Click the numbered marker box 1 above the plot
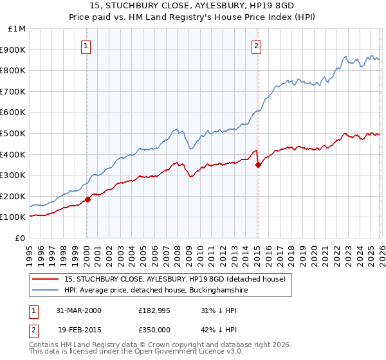[x=86, y=46]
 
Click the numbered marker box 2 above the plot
[x=256, y=46]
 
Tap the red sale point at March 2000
[x=88, y=199]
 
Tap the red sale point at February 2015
[x=258, y=165]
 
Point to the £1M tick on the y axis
[x=17, y=29]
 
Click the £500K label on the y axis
[x=14, y=134]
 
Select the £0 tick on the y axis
[x=21, y=239]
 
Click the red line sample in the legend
[x=46, y=279]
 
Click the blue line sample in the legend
[x=46, y=291]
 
